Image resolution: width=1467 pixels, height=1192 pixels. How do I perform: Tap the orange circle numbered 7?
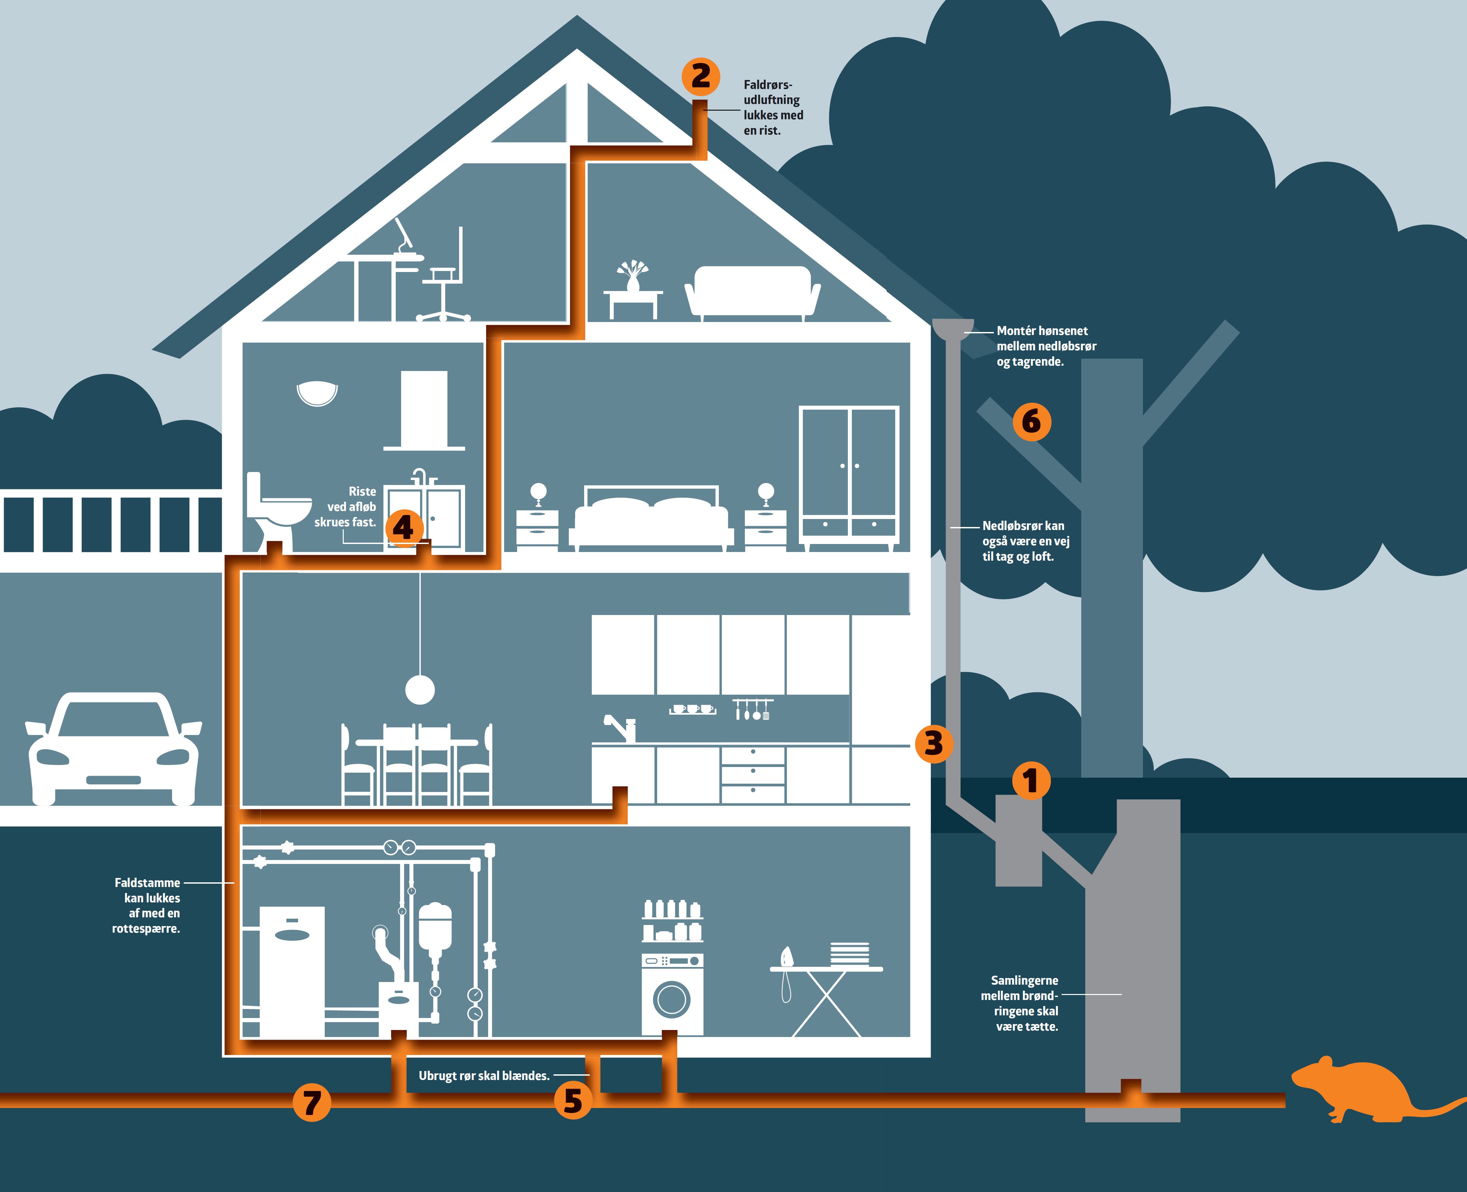[312, 1102]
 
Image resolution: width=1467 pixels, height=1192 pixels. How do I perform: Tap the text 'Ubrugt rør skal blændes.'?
[484, 1075]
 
